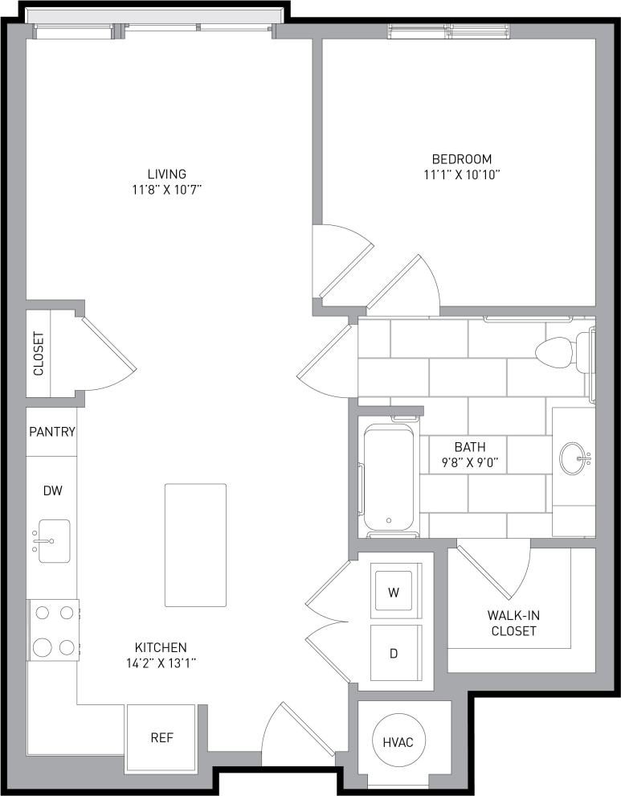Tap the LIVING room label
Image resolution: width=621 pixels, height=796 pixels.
click(x=166, y=174)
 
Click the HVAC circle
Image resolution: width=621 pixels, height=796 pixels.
click(x=398, y=741)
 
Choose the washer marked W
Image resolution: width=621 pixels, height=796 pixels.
click(x=394, y=593)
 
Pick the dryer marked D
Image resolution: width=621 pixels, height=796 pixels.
click(x=394, y=653)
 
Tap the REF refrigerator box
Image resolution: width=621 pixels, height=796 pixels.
click(x=161, y=737)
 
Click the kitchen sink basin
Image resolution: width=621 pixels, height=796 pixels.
click(x=55, y=540)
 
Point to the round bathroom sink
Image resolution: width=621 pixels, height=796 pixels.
click(x=574, y=457)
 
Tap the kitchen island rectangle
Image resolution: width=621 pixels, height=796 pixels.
click(x=195, y=544)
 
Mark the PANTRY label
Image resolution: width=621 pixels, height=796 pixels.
click(x=52, y=432)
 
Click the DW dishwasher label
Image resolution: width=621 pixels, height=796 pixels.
click(x=52, y=490)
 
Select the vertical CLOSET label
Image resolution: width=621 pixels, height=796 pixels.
click(x=39, y=354)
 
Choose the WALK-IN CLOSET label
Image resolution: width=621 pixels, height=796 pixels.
click(x=513, y=623)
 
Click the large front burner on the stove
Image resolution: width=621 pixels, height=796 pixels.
click(x=43, y=646)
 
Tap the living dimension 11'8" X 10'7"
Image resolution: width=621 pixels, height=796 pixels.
click(x=166, y=190)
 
